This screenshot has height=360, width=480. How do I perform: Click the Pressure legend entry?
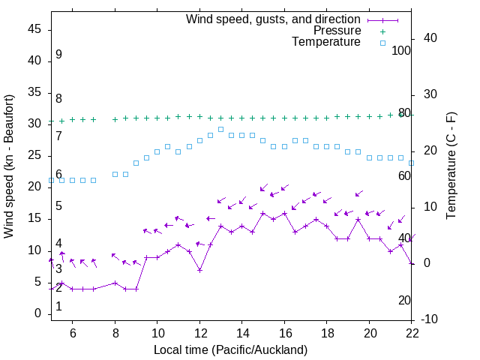(x=337, y=31)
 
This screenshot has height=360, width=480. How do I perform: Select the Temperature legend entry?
(x=326, y=43)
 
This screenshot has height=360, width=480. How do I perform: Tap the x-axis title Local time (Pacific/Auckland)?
(x=230, y=349)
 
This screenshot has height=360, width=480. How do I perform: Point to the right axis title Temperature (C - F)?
(x=451, y=166)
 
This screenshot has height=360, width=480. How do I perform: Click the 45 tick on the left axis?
(x=35, y=29)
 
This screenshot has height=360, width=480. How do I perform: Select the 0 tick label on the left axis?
(x=38, y=314)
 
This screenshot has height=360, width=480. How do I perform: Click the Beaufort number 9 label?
(x=58, y=55)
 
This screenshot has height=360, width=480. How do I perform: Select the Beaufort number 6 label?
(x=58, y=175)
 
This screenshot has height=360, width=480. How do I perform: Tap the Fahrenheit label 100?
(x=401, y=50)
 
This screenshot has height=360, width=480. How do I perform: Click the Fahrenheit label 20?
(x=404, y=301)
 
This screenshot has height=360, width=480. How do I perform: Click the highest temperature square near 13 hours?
(x=220, y=129)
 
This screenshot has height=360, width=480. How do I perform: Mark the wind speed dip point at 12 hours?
(x=199, y=270)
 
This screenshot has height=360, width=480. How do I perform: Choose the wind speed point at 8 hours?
(x=115, y=283)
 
